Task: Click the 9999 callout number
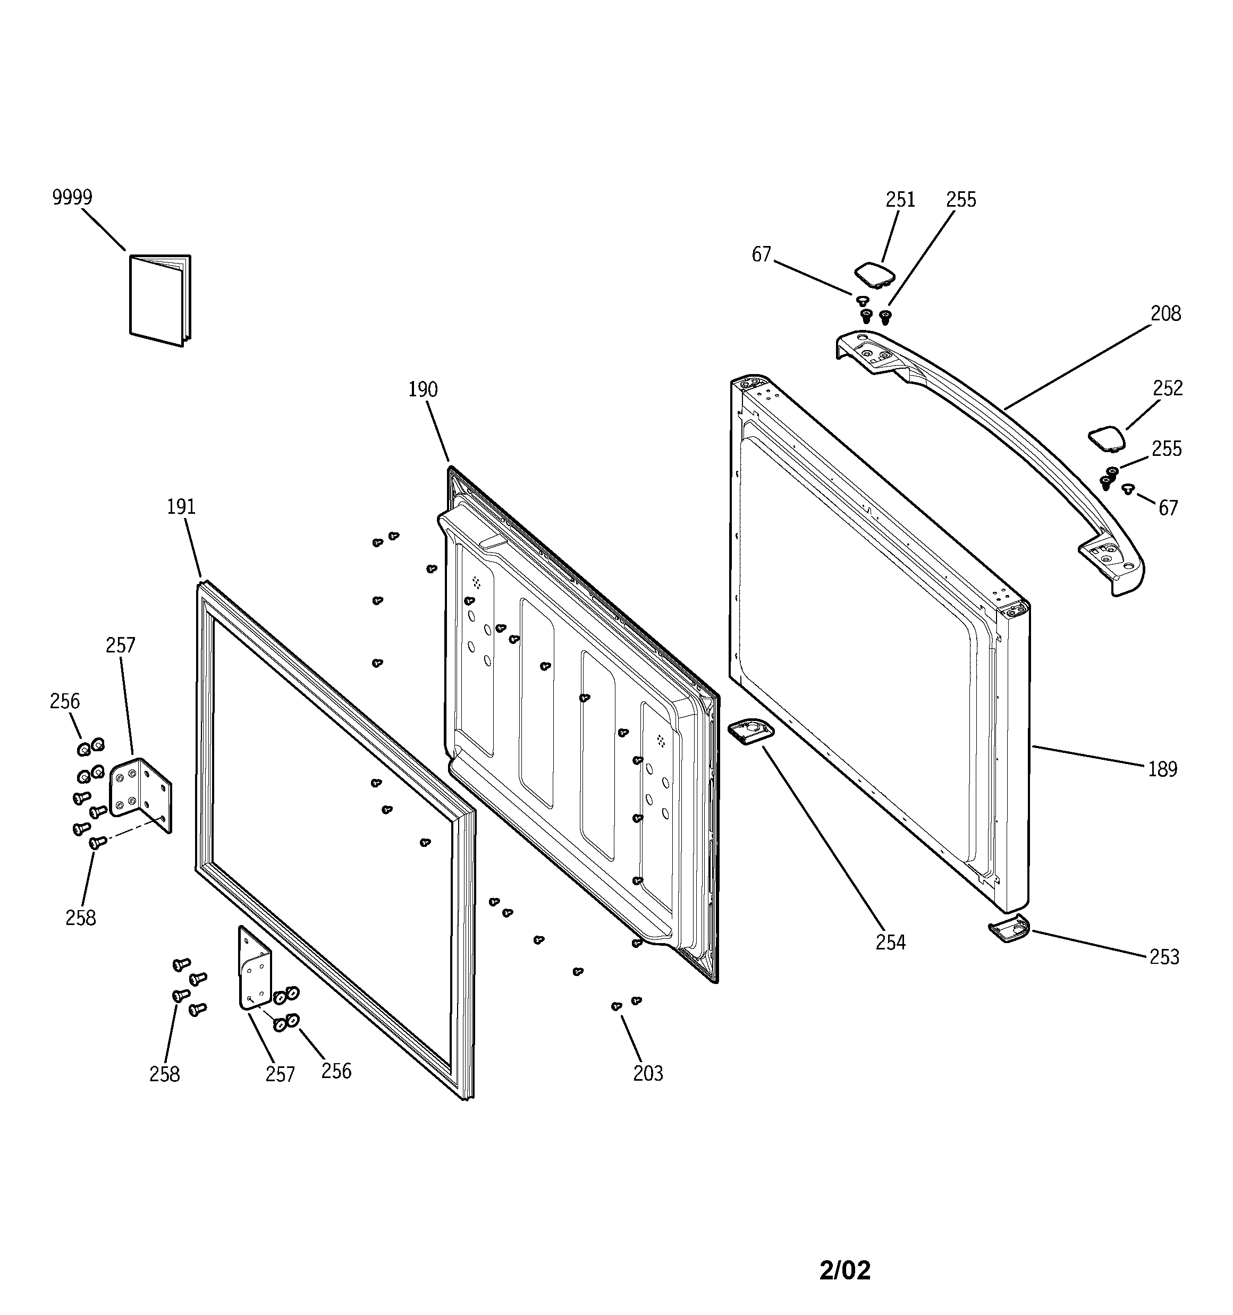(x=72, y=197)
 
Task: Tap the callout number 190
(x=423, y=389)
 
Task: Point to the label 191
(x=181, y=507)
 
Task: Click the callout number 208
(x=1165, y=313)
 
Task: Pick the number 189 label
(x=1162, y=769)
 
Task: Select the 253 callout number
(x=1164, y=957)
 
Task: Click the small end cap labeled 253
(x=1009, y=929)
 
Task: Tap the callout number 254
(x=890, y=943)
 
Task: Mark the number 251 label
(x=900, y=199)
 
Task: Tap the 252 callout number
(x=1168, y=388)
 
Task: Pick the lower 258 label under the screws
(x=164, y=1074)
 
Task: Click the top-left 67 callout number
(x=761, y=254)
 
